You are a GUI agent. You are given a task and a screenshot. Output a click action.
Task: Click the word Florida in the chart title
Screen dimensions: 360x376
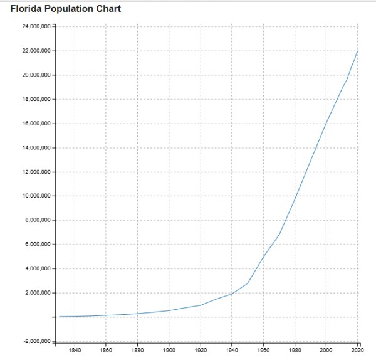[x=26, y=9]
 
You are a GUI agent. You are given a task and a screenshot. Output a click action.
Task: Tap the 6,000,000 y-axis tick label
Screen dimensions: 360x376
[x=36, y=245]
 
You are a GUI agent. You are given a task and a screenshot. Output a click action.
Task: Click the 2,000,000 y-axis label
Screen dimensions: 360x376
[x=36, y=293]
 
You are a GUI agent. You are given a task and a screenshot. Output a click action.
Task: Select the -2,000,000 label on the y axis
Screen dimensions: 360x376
[x=36, y=341]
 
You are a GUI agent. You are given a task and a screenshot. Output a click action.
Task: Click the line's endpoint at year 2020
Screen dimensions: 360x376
[x=357, y=51]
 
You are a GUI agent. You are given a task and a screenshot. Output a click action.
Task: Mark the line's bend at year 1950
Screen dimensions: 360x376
[x=248, y=283]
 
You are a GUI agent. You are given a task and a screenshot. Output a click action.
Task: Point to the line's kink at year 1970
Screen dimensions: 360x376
[x=279, y=235]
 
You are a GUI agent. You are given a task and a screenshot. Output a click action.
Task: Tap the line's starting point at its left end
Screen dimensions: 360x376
[x=59, y=317]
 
